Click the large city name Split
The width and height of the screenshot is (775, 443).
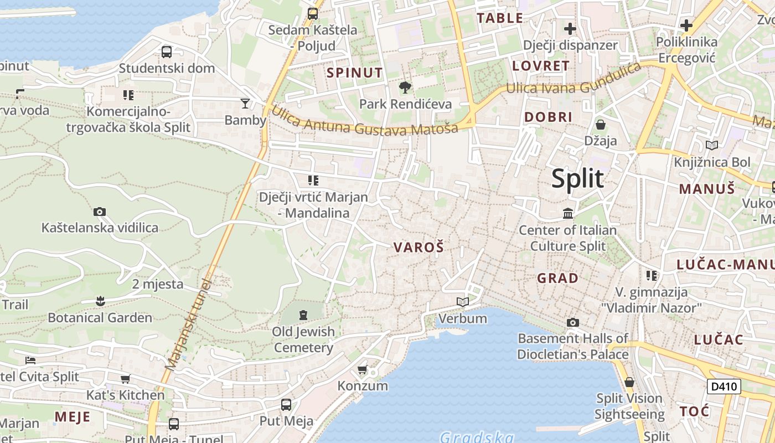coord(577,179)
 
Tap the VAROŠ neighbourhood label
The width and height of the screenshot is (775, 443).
coord(418,248)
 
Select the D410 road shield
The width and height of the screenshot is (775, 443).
coord(724,386)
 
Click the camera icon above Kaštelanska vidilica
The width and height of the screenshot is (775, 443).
coord(100,212)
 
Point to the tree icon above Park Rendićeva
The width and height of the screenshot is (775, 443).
coord(405,87)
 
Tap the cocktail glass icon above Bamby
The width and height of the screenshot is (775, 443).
coord(245,103)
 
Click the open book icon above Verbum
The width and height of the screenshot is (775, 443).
coord(463,302)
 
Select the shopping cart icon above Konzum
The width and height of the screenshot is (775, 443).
coord(363,369)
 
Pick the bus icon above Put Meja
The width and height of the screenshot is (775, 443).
coord(286,404)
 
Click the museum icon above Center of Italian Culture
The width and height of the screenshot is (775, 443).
coord(568,213)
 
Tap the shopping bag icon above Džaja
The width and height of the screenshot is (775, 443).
coord(601,125)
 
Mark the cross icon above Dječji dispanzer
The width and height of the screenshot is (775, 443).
coord(570,28)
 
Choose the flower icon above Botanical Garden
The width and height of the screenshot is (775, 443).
coord(100,301)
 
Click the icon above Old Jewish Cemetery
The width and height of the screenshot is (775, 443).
coord(303,315)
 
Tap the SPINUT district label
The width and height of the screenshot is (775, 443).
coord(354,73)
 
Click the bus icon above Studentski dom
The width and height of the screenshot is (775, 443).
coord(167,52)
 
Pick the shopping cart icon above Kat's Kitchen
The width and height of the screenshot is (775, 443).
coord(126,379)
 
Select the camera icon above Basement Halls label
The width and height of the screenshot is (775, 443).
coord(573,322)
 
